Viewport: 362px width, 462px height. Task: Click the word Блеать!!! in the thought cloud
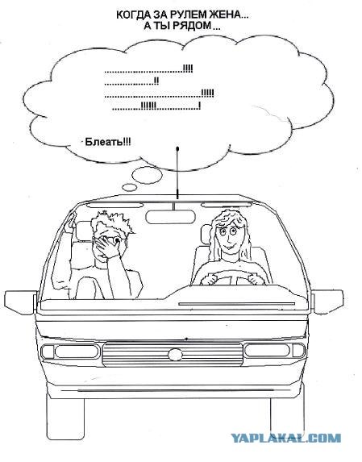pyautogui.click(x=108, y=142)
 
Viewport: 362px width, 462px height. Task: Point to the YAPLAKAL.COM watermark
pyautogui.click(x=286, y=438)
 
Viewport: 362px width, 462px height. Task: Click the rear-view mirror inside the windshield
pyautogui.click(x=171, y=217)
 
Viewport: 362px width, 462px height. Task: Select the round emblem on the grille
pyautogui.click(x=175, y=355)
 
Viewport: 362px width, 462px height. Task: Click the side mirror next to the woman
pyautogui.click(x=327, y=302)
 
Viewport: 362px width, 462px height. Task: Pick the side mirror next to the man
pyautogui.click(x=20, y=302)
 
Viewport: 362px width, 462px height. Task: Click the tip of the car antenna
pyautogui.click(x=177, y=148)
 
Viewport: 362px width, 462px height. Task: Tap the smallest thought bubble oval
pyautogui.click(x=129, y=187)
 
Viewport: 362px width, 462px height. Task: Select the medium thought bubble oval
pyautogui.click(x=147, y=175)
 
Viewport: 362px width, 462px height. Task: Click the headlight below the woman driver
pyautogui.click(x=274, y=351)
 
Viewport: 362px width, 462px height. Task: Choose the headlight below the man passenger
pyautogui.click(x=70, y=352)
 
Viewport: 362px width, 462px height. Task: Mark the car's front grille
pyautogui.click(x=173, y=354)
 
